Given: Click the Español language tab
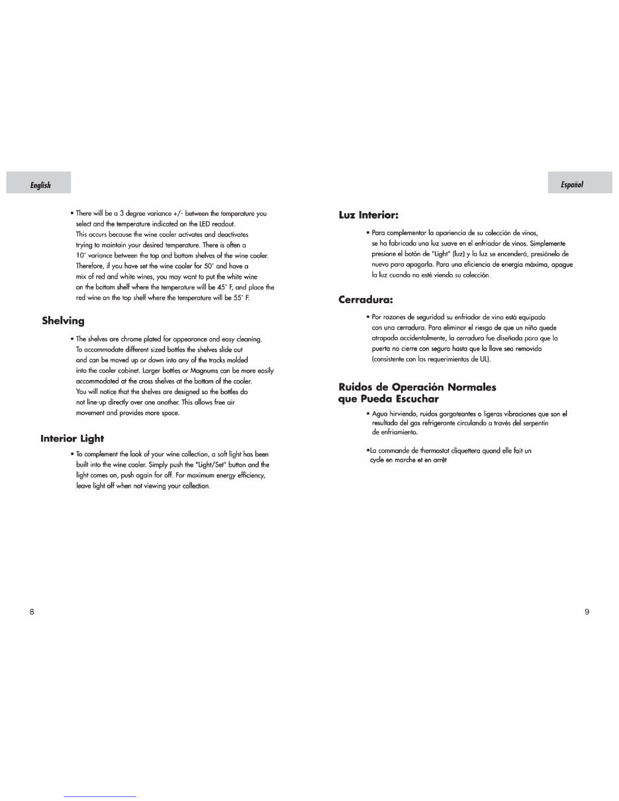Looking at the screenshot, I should pos(571,184).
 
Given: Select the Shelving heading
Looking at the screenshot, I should pos(63,321).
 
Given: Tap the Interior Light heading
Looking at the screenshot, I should pos(72,438).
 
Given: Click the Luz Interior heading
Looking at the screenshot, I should pos(368,215).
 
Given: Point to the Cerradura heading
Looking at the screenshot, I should pos(365,300).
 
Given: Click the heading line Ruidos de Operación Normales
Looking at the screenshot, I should pos(417,387).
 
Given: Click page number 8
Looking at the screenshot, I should pos(32,612).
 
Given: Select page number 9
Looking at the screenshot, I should pos(587,612).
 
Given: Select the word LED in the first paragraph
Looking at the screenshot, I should pos(193,224).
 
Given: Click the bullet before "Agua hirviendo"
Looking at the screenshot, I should pos(367,414).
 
